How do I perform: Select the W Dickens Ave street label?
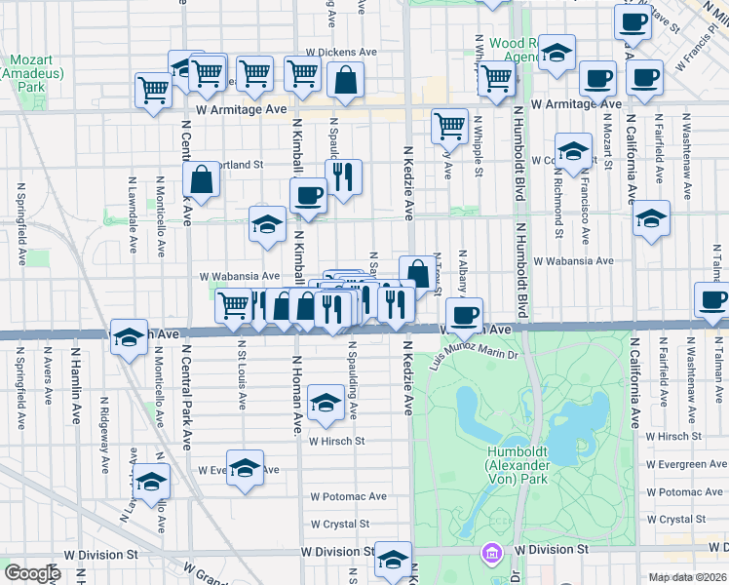[x=340, y=52]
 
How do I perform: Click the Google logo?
[x=32, y=572]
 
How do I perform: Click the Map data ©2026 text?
[x=687, y=577]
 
